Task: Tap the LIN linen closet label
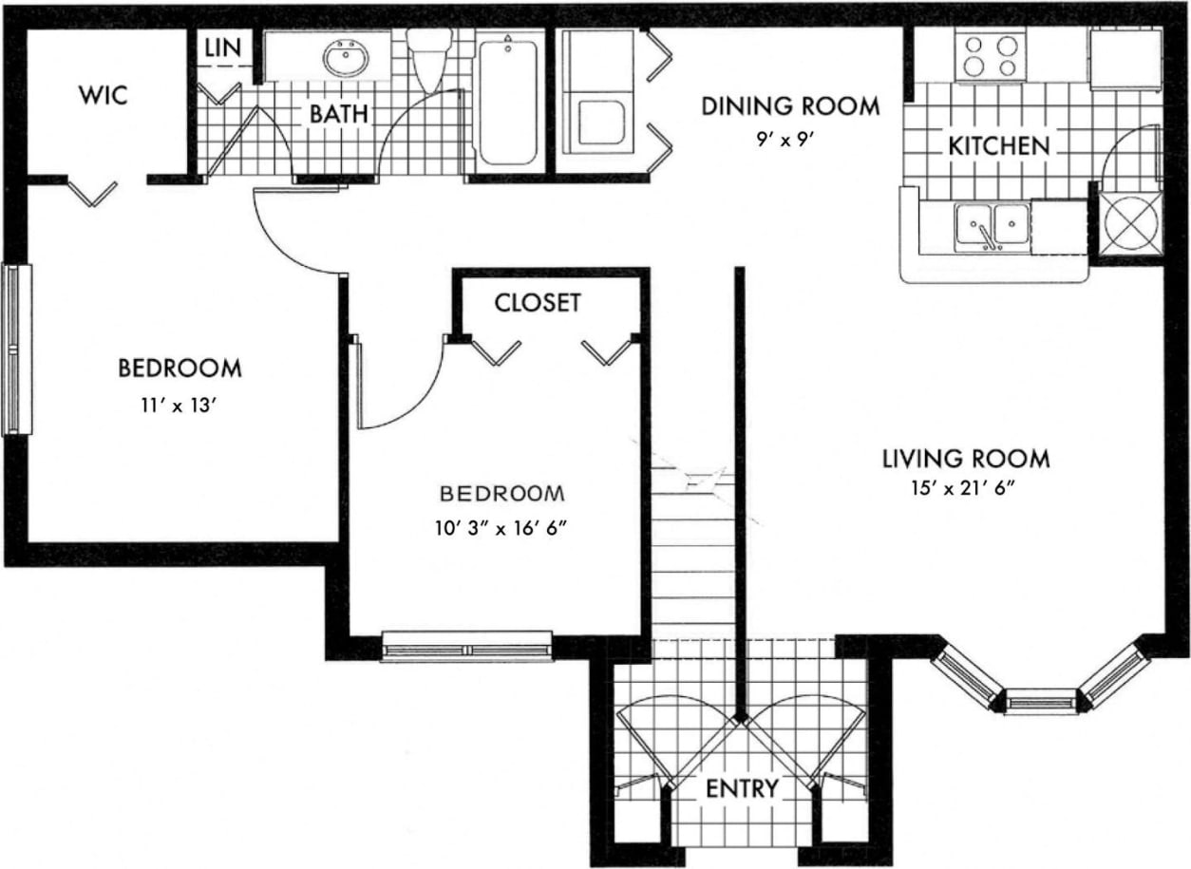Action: (223, 47)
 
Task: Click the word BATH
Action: (337, 114)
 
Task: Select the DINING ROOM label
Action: (790, 105)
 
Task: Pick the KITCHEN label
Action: (998, 146)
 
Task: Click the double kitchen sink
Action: (992, 228)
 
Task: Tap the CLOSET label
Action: (537, 303)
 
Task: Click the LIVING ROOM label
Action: (966, 459)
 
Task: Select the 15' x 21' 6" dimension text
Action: (966, 491)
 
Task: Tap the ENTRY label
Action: (742, 788)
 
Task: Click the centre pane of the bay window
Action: (1040, 703)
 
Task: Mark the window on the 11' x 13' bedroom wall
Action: (15, 349)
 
